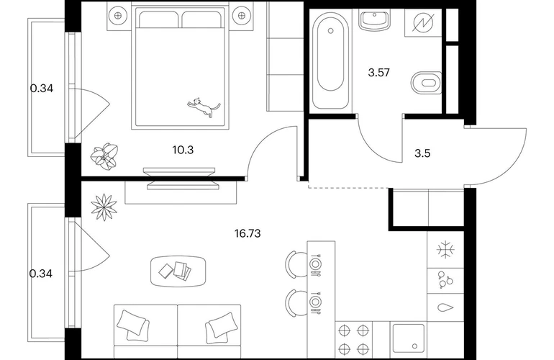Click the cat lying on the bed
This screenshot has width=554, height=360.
coord(204,107)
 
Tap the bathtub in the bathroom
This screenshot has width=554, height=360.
coord(331,60)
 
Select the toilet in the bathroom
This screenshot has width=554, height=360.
coord(427,83)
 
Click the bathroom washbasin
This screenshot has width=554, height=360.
coord(376,20)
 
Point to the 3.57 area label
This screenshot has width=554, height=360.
coord(378,73)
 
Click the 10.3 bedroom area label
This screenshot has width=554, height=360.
coord(183,150)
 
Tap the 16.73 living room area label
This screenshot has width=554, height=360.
coord(248,233)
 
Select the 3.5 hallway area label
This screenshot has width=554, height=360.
coord(422,153)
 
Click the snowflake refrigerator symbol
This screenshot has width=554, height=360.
coord(445,250)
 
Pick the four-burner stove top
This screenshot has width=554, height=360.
coord(354,340)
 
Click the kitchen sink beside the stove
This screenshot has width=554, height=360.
coord(409,338)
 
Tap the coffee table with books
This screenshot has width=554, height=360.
coord(178,271)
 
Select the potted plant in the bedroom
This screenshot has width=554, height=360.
coord(104,156)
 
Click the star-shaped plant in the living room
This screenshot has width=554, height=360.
coord(104,207)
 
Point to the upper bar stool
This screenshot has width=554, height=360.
coord(296,264)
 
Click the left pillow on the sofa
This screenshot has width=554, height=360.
coord(133,325)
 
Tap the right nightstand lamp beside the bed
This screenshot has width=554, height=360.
coord(242,15)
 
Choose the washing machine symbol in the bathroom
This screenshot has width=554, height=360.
coord(422,22)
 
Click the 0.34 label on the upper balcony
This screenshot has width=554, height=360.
coord(42,89)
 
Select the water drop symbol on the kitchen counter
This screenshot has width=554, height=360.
coord(445,307)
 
